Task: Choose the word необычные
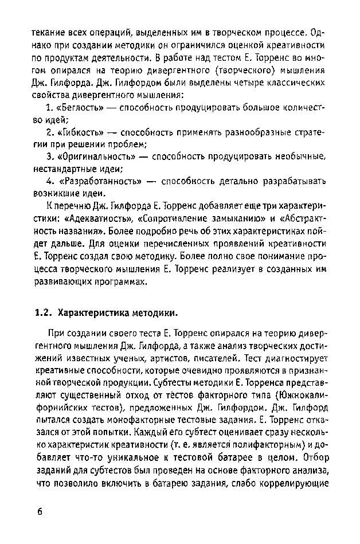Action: tap(299, 157)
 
